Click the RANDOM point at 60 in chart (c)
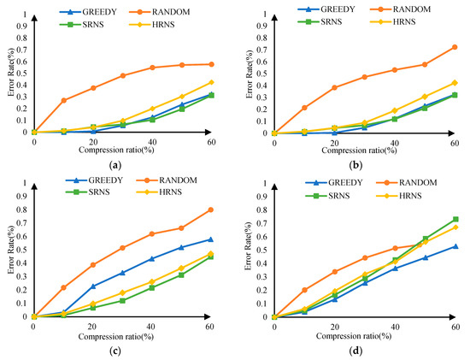(210, 210)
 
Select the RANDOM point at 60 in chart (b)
(455, 47)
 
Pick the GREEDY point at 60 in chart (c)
(210, 239)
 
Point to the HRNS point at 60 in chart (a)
(210, 82)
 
